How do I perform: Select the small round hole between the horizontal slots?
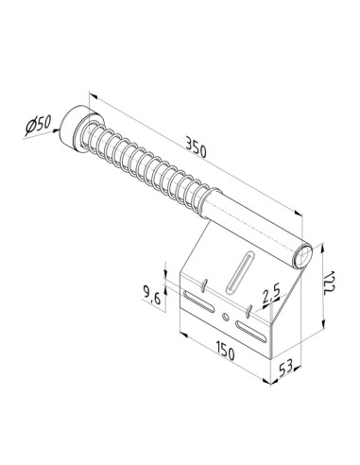[x=225, y=318]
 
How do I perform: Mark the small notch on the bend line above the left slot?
[x=202, y=283]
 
